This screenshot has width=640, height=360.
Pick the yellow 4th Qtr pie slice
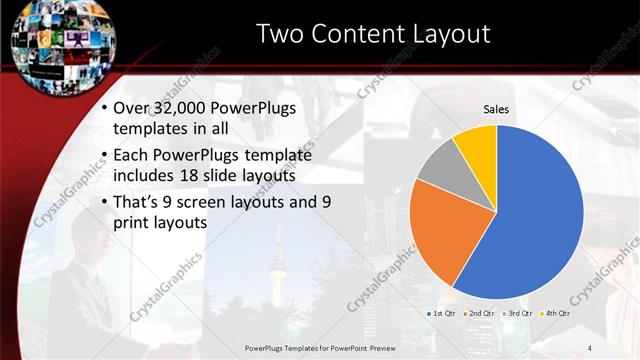[477, 144]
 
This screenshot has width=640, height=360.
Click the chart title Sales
[497, 108]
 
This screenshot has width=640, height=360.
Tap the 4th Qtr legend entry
[555, 313]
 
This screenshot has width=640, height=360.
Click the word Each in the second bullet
[138, 156]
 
